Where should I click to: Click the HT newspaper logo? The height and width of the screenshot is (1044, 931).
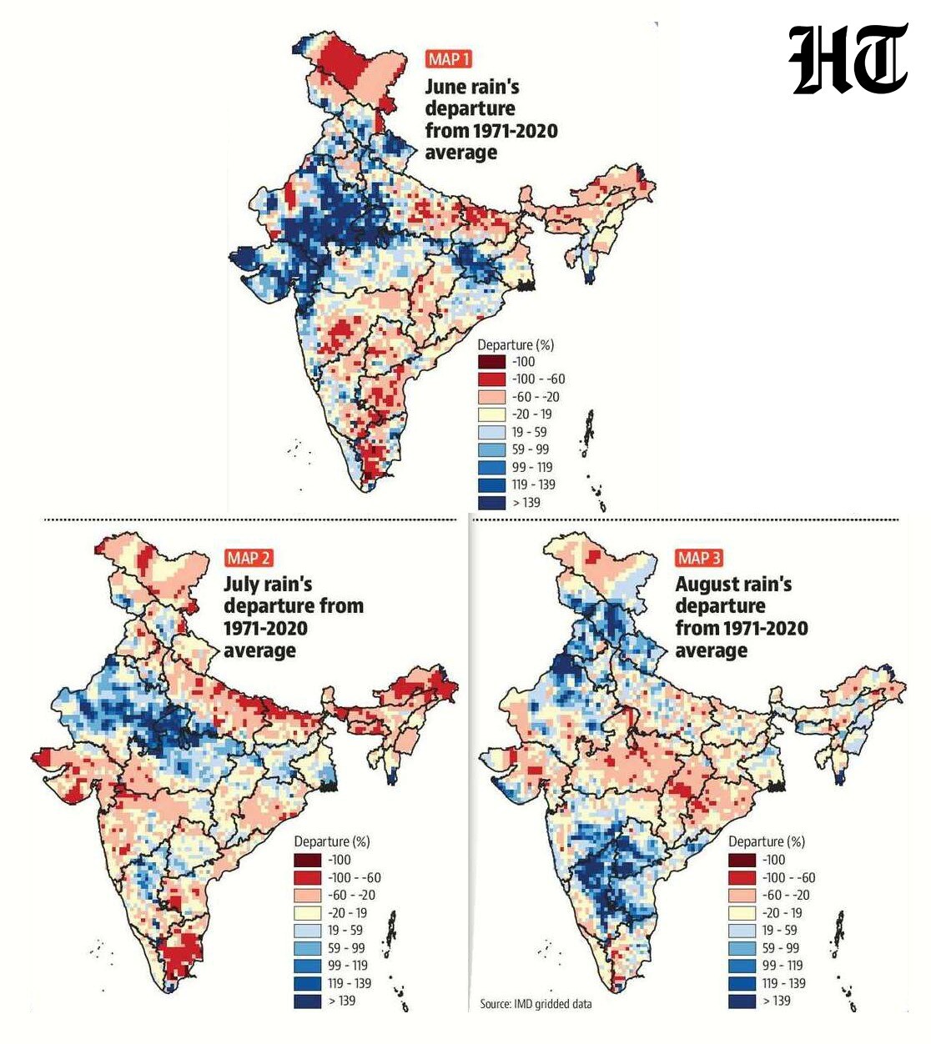pyautogui.click(x=848, y=58)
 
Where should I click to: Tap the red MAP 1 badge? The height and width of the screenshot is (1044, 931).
pyautogui.click(x=449, y=59)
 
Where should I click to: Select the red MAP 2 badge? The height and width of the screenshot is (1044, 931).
pyautogui.click(x=249, y=558)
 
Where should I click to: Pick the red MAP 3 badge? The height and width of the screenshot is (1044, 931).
pyautogui.click(x=699, y=558)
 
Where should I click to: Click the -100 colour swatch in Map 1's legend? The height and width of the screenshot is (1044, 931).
pyautogui.click(x=491, y=362)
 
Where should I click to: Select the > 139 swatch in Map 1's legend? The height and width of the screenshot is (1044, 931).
pyautogui.click(x=491, y=503)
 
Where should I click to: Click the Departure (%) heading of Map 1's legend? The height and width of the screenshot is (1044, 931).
pyautogui.click(x=516, y=344)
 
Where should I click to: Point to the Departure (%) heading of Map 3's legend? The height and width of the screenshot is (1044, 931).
pyautogui.click(x=767, y=842)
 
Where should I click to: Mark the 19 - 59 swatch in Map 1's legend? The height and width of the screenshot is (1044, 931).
pyautogui.click(x=491, y=432)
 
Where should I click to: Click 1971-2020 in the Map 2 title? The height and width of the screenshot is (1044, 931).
pyautogui.click(x=265, y=629)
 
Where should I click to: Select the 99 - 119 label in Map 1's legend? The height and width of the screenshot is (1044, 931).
pyautogui.click(x=532, y=467)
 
